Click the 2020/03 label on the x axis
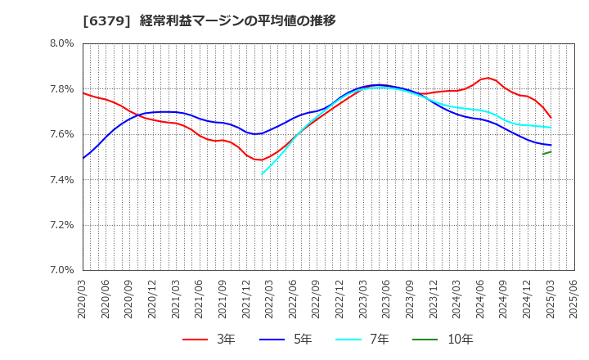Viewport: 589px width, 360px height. (x=83, y=299)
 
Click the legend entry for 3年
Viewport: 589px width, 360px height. (x=208, y=340)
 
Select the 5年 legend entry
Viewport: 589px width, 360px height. (x=286, y=340)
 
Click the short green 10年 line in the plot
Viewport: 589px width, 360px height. (x=546, y=153)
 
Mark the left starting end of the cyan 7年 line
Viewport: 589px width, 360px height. (x=262, y=174)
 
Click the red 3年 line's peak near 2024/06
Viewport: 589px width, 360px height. (x=488, y=78)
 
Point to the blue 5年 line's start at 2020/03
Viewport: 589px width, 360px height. (x=83, y=158)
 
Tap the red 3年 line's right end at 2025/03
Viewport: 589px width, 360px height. (x=551, y=117)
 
